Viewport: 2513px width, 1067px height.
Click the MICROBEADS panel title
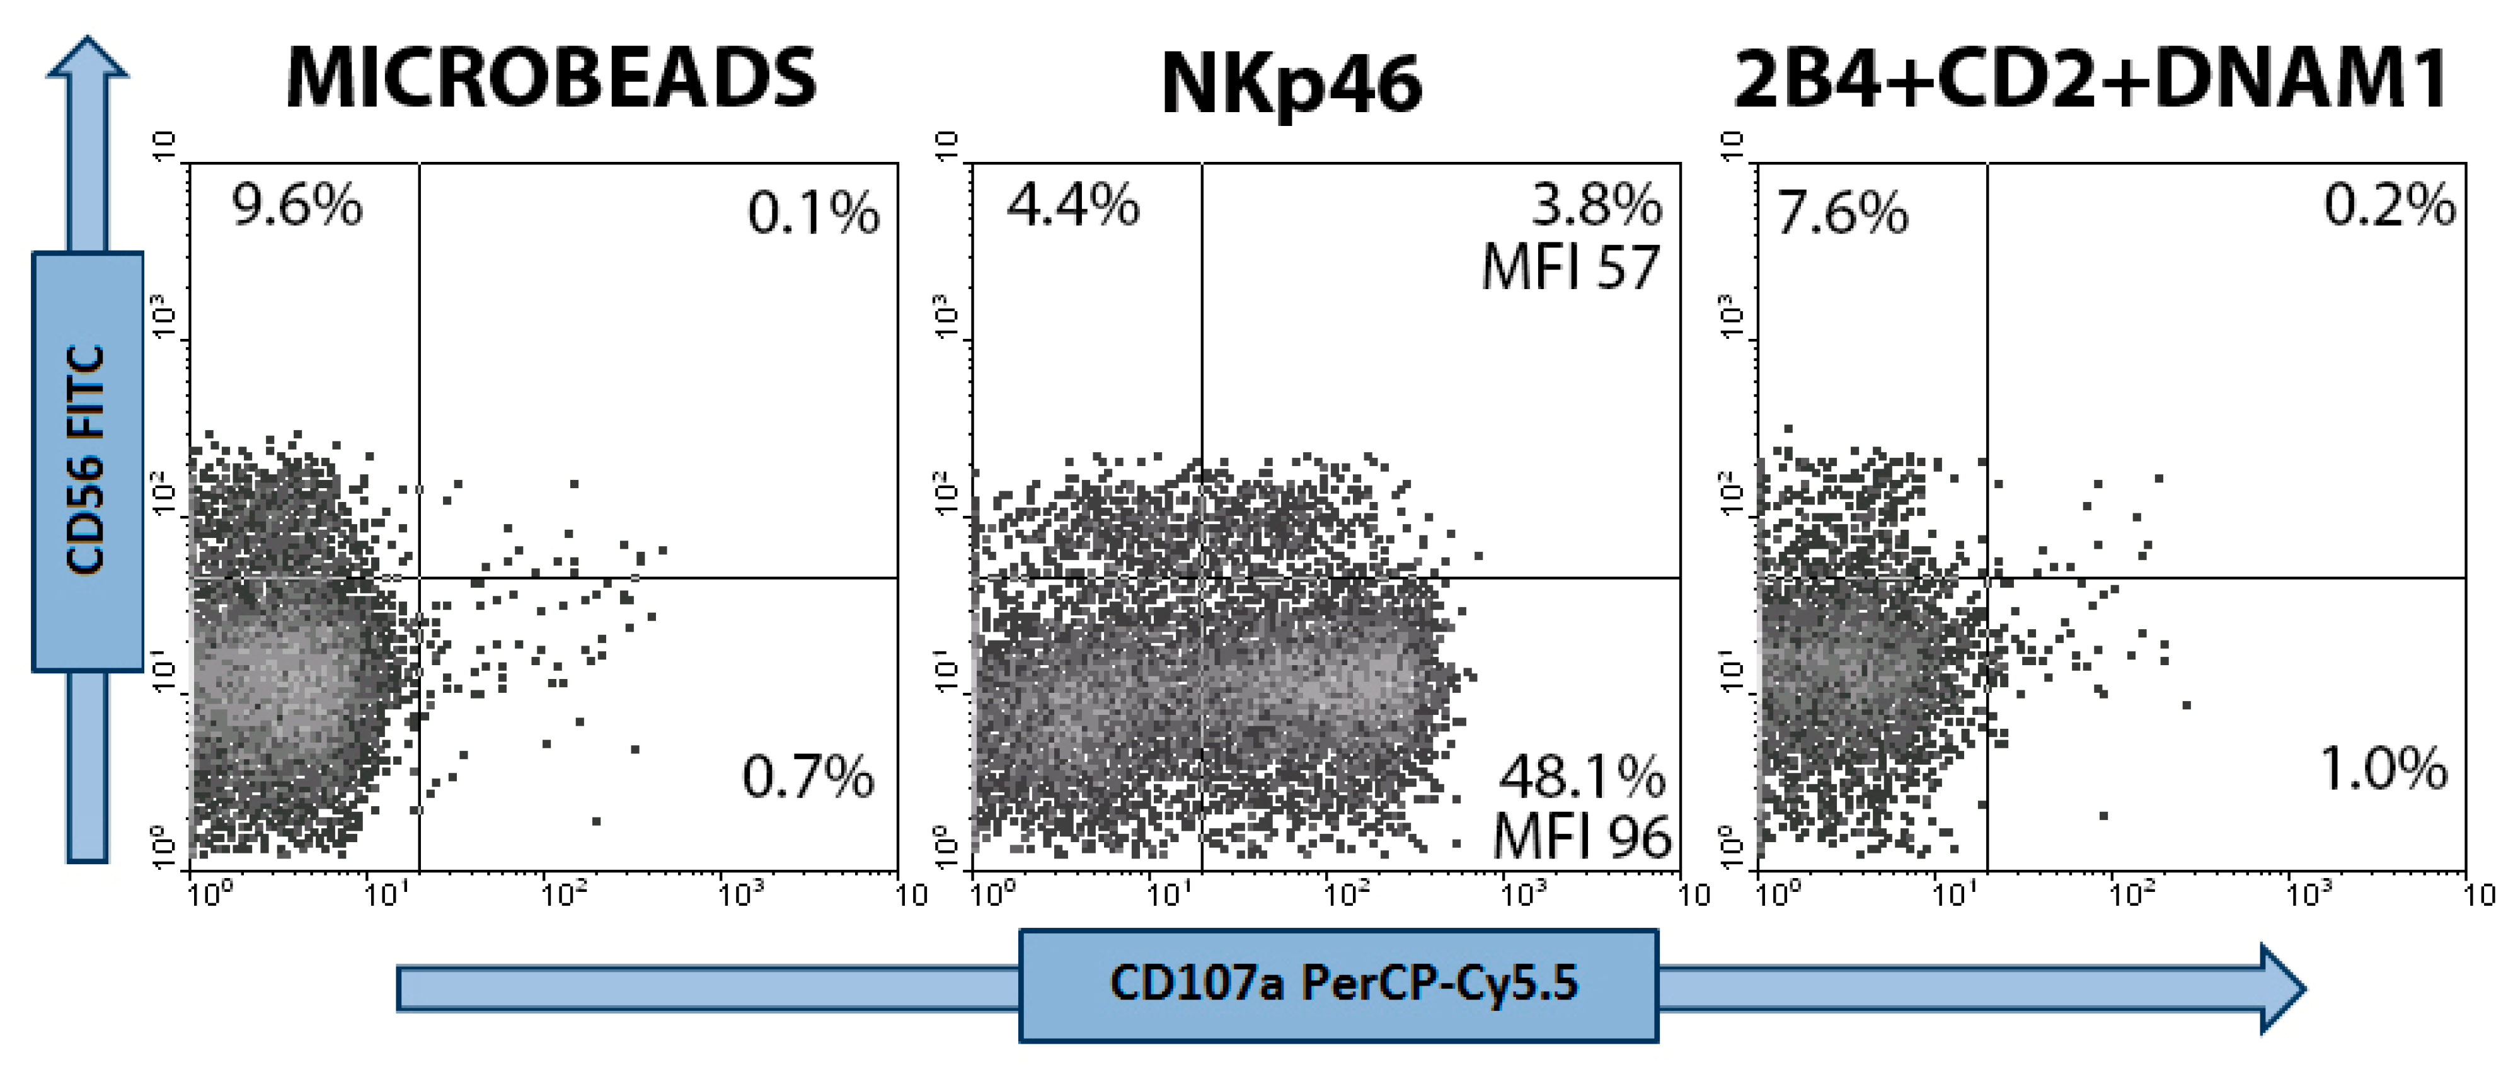coord(551,78)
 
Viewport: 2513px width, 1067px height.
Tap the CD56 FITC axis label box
coord(88,460)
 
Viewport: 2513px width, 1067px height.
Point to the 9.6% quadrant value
coord(297,207)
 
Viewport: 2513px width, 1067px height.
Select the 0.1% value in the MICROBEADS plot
coord(813,213)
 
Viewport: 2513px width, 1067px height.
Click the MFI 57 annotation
coord(1570,266)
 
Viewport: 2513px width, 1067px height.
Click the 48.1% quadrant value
coord(1582,777)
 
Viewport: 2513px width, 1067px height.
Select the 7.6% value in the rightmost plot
coord(1842,213)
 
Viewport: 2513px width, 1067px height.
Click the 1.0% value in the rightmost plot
coord(2383,768)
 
